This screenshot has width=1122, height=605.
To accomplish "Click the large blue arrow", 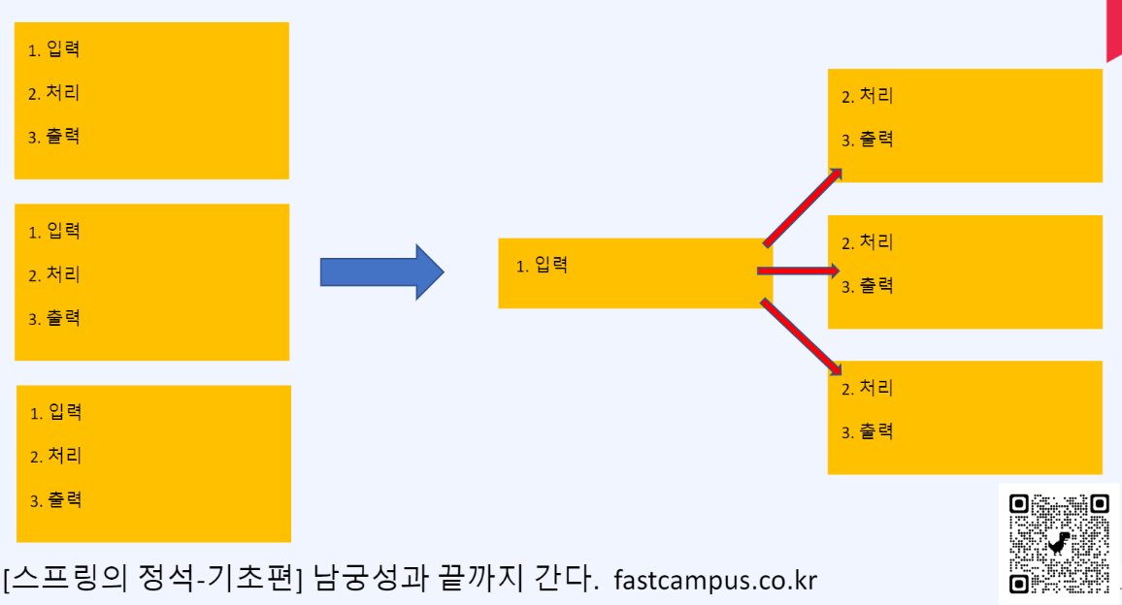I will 381,272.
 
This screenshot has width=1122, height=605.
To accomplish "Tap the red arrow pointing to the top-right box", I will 802,207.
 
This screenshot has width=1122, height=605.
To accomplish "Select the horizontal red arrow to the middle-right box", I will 798,271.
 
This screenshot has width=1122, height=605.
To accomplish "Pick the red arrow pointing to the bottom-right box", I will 802,335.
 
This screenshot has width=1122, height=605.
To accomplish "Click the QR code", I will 1058,544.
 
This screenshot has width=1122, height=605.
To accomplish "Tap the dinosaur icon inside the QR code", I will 1058,543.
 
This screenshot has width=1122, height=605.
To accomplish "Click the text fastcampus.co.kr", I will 716,580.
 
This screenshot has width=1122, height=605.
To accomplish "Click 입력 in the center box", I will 550,265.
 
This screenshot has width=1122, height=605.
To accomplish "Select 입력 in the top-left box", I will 63,49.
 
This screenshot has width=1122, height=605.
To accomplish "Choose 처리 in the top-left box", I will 63,93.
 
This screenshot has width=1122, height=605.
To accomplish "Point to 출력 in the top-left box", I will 63,137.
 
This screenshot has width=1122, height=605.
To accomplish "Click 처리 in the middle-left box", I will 63,274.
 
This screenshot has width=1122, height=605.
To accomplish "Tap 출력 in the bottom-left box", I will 65,500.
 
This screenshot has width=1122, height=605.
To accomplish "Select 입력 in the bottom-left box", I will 65,412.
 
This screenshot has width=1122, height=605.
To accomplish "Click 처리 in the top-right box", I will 876,96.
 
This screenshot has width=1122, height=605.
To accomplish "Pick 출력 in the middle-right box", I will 876,286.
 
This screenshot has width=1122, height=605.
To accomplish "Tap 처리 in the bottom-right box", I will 876,388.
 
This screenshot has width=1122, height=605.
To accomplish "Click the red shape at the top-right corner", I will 1114,29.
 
